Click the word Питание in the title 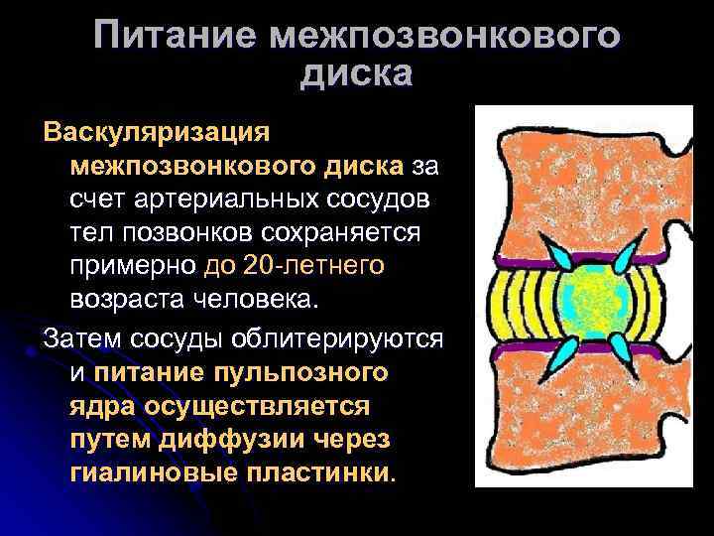177,36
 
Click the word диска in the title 355,73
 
